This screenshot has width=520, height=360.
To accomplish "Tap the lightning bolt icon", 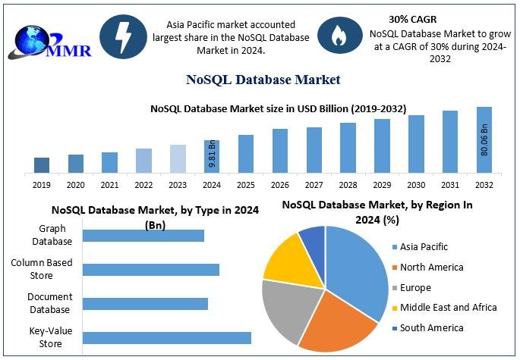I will point(123,36).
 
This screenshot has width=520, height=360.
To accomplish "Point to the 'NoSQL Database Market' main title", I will point(263,80).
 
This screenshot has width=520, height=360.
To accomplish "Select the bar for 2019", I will point(42,164).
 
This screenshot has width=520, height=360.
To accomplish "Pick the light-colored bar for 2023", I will point(178,158).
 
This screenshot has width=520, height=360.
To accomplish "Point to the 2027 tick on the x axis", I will point(314,184).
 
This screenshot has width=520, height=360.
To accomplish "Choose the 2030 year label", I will point(416,184).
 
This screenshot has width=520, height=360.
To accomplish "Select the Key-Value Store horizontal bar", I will point(166,338).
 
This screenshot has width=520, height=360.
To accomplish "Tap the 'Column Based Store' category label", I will point(43,269).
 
